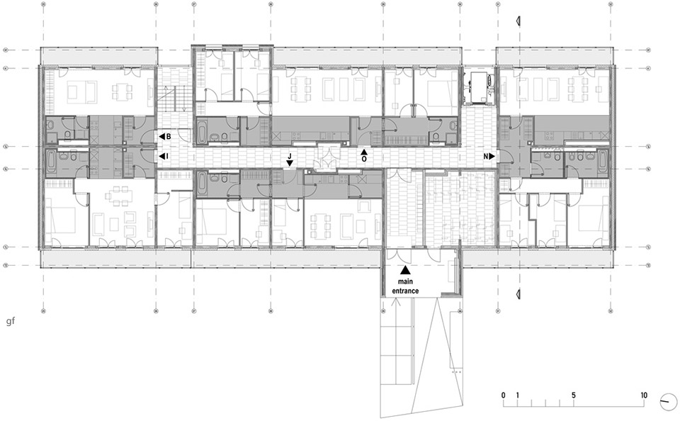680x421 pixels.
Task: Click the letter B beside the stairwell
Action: (x=169, y=137)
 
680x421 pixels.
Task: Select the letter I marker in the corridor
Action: (x=166, y=155)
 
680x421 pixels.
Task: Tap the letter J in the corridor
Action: (x=290, y=156)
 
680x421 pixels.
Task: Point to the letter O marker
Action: (x=364, y=159)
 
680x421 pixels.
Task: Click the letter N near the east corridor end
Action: (x=487, y=156)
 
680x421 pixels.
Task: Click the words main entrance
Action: (x=405, y=286)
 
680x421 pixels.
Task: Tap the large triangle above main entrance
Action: (x=405, y=270)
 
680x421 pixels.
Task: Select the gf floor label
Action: (x=10, y=322)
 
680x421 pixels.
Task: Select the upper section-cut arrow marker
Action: (x=518, y=21)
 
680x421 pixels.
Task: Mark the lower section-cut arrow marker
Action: (x=518, y=294)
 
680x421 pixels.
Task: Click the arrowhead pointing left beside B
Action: (x=161, y=137)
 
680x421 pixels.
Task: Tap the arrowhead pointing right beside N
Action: (x=492, y=156)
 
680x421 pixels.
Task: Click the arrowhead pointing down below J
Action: (x=290, y=163)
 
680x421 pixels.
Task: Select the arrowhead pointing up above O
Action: (x=364, y=152)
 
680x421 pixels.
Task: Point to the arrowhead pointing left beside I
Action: (x=161, y=155)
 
